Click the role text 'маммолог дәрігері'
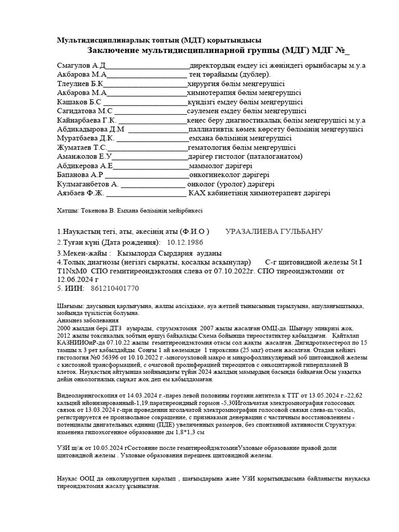[221, 166]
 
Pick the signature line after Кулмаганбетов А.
[153, 185]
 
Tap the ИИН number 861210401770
[115, 288]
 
